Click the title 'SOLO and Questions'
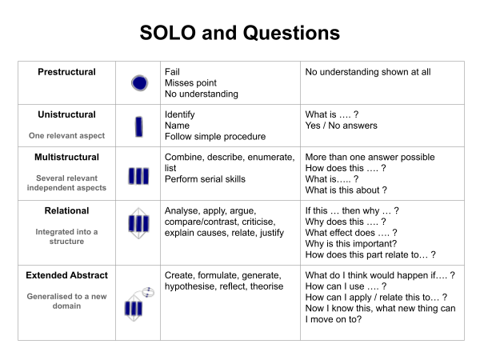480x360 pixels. [x=240, y=33]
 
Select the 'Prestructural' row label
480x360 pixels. [x=66, y=72]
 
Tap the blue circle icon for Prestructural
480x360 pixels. [x=139, y=83]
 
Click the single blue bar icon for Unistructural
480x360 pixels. [x=139, y=126]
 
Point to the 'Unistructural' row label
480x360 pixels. [x=66, y=114]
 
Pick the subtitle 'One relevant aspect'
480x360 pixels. [x=66, y=136]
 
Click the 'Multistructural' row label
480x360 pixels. [x=66, y=157]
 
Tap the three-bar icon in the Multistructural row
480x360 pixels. [x=138, y=176]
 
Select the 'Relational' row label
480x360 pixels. [x=66, y=210]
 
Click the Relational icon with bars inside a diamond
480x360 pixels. [x=138, y=223]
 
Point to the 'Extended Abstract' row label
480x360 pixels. [x=66, y=275]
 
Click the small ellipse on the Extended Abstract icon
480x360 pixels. [x=148, y=292]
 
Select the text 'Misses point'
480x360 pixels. [x=190, y=83]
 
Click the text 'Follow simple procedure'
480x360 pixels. [x=215, y=137]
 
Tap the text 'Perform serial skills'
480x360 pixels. [x=205, y=179]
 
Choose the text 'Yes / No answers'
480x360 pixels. [x=342, y=126]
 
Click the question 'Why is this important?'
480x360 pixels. [x=351, y=244]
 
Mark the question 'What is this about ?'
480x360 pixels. [x=346, y=190]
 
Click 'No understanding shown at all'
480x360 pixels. [x=368, y=72]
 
